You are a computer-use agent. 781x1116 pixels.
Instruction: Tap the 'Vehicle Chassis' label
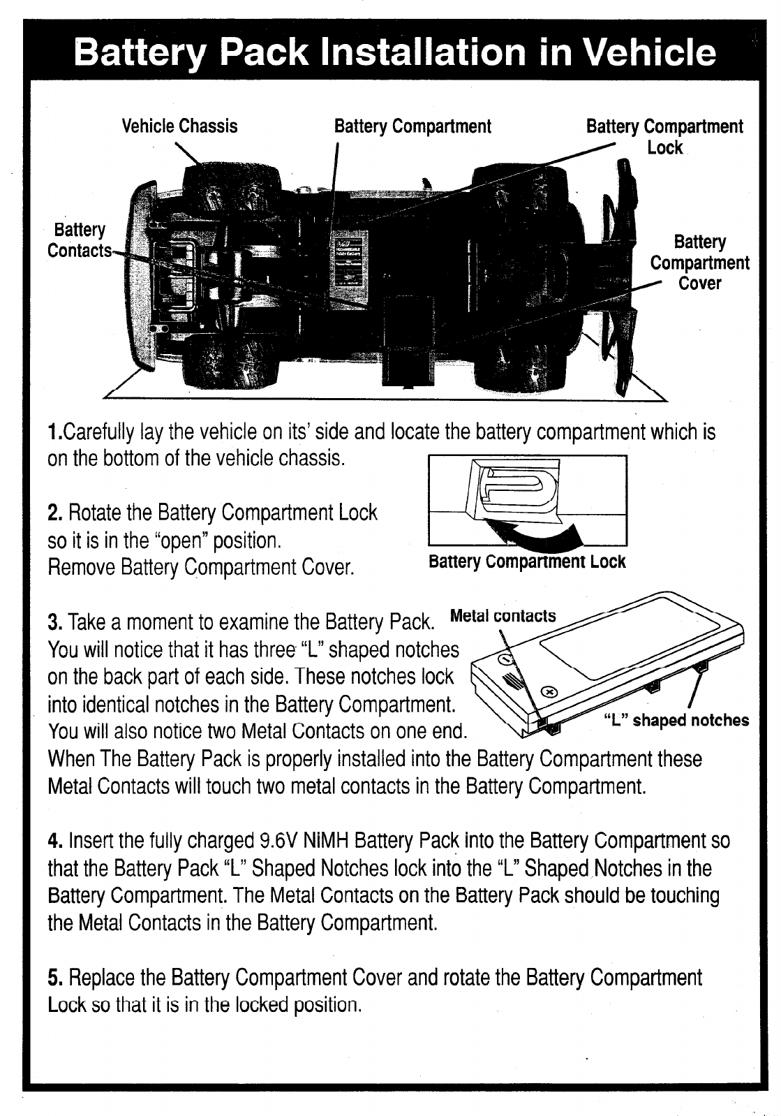coord(179,126)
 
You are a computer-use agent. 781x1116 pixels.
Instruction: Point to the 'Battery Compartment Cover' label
coord(699,263)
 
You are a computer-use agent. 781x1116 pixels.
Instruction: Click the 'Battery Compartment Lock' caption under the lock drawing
coord(527,561)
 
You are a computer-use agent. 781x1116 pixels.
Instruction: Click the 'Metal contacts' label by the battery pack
coord(503,616)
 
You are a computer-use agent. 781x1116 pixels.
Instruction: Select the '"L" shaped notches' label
coord(676,720)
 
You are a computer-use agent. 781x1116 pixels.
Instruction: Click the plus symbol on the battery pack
coord(549,691)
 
